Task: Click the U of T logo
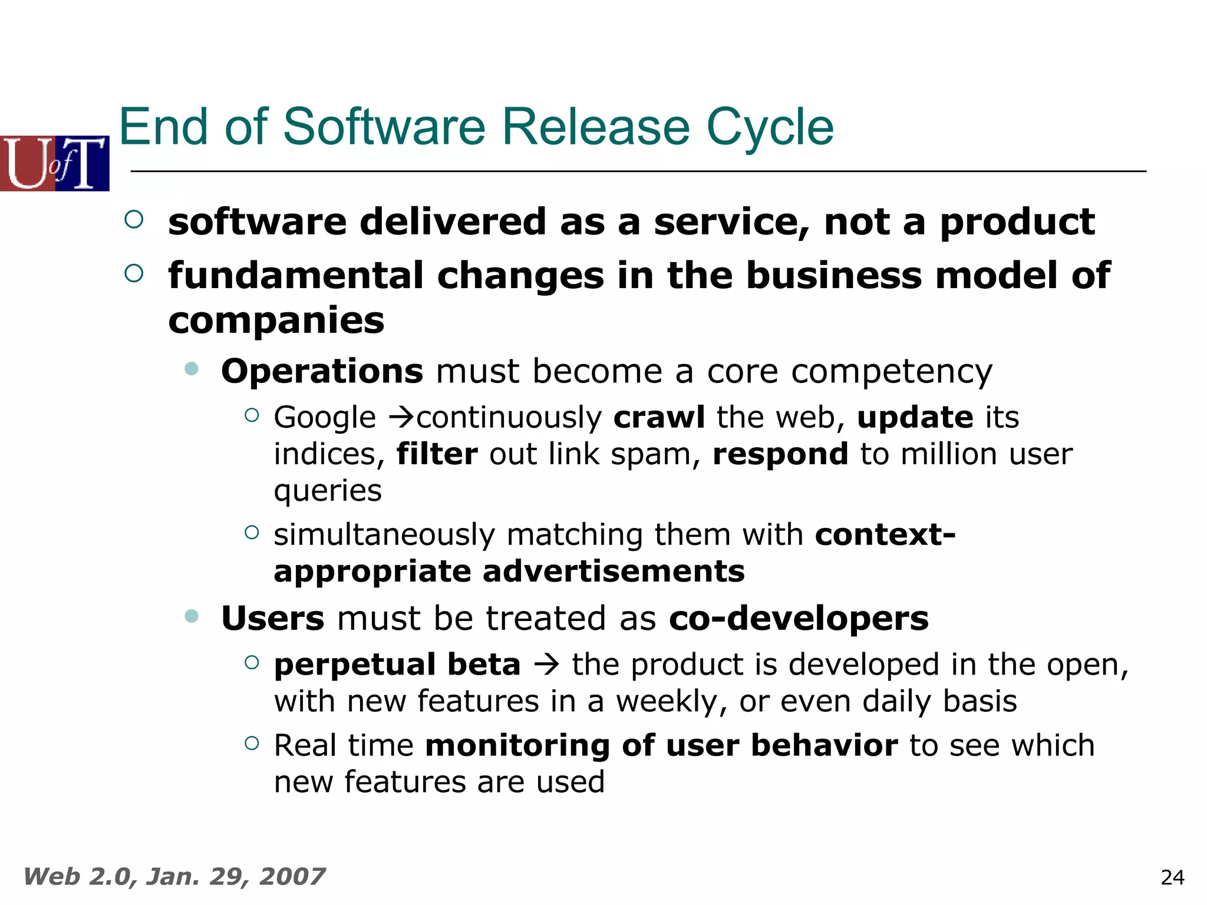pyautogui.click(x=54, y=163)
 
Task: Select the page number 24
pyautogui.click(x=1172, y=878)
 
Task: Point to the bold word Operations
pyautogui.click(x=322, y=372)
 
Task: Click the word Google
pyautogui.click(x=325, y=418)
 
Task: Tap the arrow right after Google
pyautogui.click(x=403, y=418)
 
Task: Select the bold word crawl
pyautogui.click(x=659, y=418)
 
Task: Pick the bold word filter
pyautogui.click(x=437, y=455)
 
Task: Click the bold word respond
pyautogui.click(x=780, y=455)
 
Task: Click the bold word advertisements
pyautogui.click(x=614, y=572)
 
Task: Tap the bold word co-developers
pyautogui.click(x=799, y=619)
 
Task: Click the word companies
pyautogui.click(x=276, y=321)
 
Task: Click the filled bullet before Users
pyautogui.click(x=192, y=616)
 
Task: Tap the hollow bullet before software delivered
pyautogui.click(x=134, y=220)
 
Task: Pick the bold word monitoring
pyautogui.click(x=517, y=746)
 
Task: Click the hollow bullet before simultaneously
pyautogui.click(x=252, y=533)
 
